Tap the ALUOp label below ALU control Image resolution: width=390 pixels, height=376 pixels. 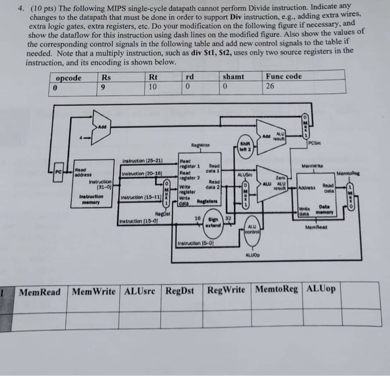click(x=252, y=255)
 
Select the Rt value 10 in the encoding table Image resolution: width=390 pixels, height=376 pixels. click(x=153, y=87)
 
